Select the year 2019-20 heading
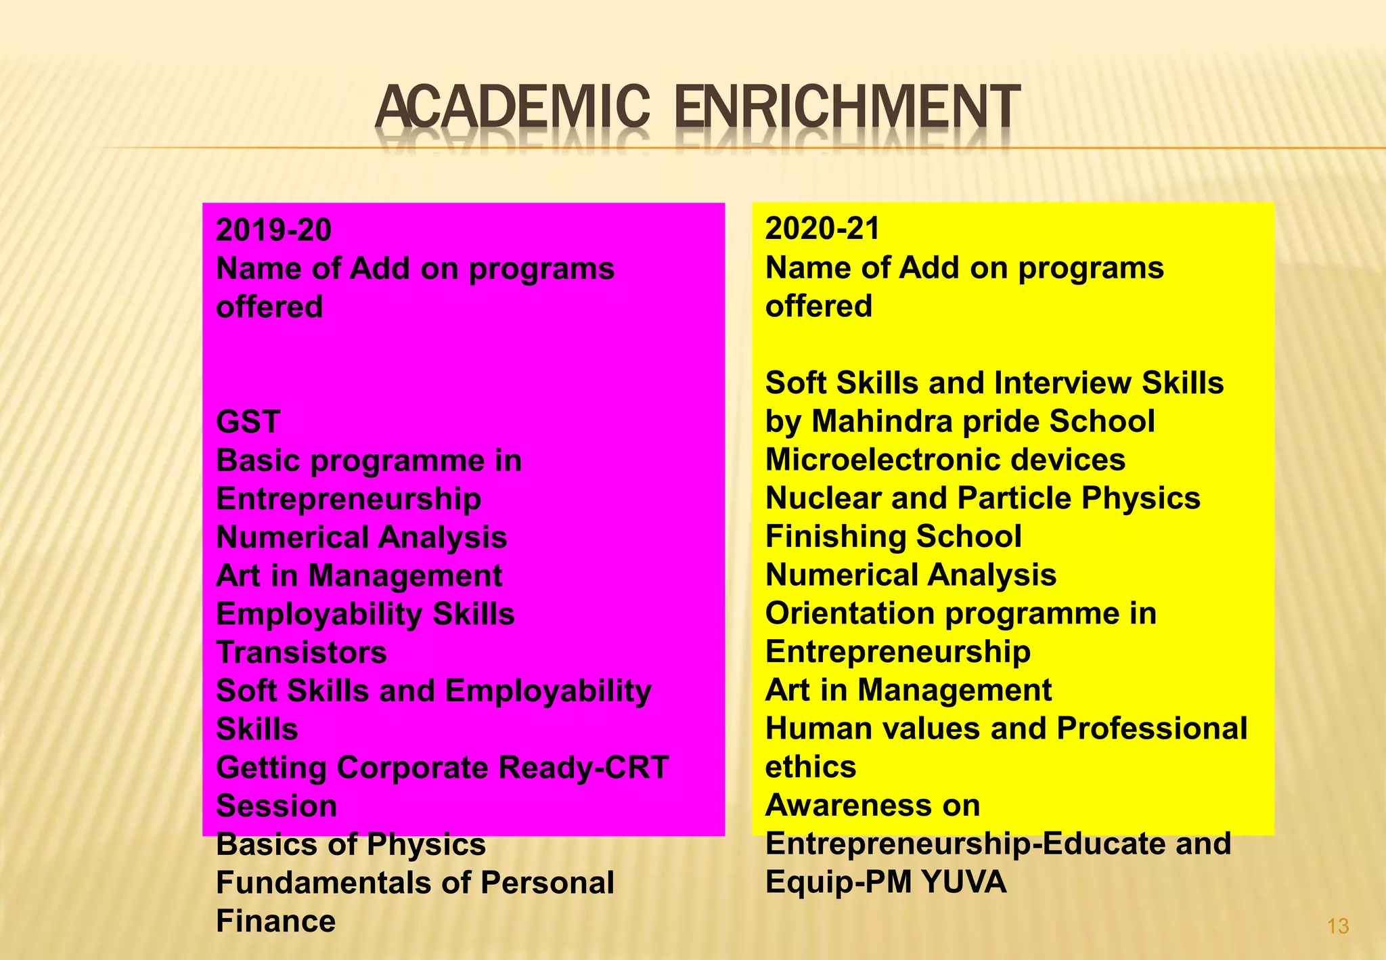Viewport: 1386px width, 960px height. coord(273,230)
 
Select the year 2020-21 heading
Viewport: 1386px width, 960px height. coord(822,229)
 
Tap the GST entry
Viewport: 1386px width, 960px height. coord(248,422)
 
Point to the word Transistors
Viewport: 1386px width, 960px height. coord(301,653)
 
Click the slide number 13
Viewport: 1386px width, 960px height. coord(1338,926)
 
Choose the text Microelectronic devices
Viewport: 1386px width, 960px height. coord(945,460)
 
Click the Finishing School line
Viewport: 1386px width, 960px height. coord(893,537)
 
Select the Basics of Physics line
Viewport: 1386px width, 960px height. coord(351,845)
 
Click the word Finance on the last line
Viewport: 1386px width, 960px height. coord(275,921)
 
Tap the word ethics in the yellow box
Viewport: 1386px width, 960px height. coord(810,767)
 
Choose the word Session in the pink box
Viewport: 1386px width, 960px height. coord(276,806)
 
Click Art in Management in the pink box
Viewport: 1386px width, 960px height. coord(359,576)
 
